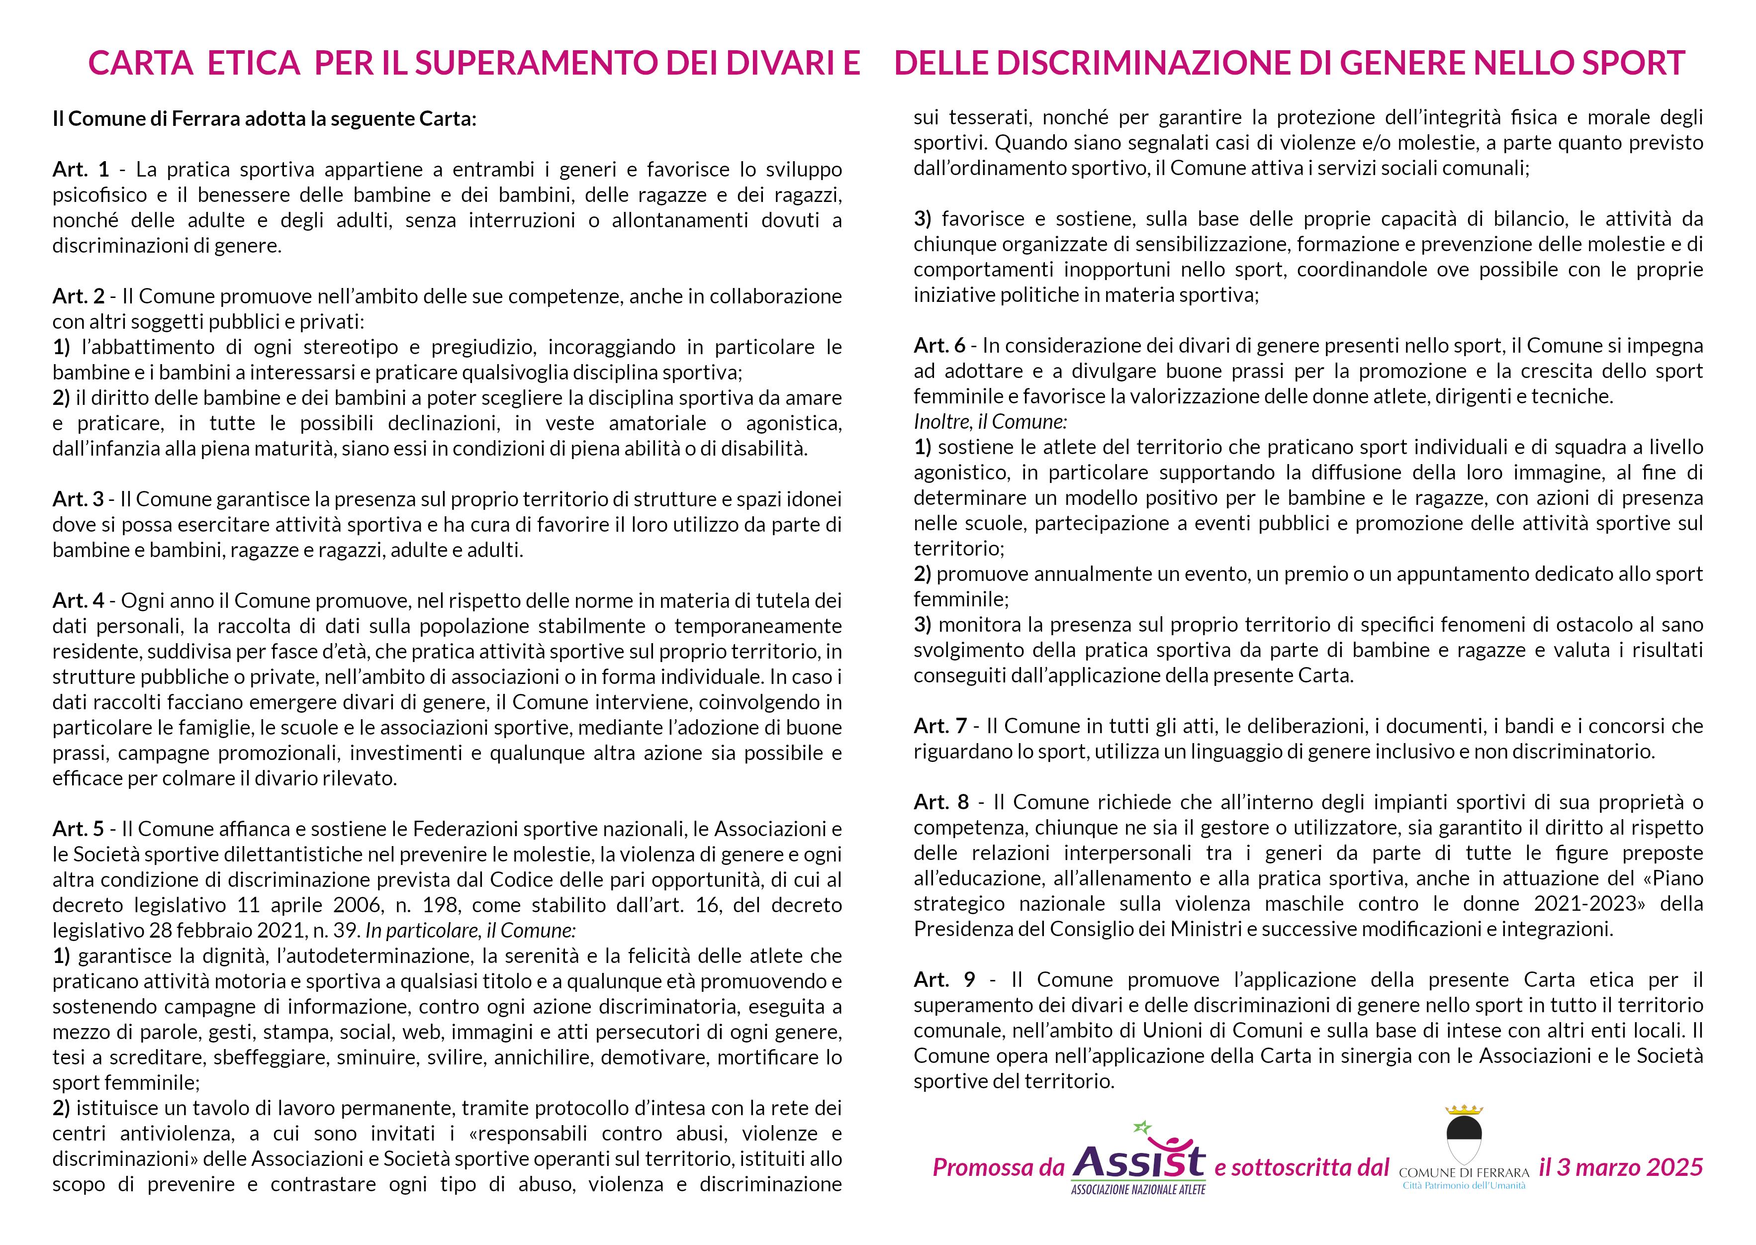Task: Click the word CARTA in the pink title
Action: [140, 63]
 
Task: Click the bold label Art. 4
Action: [78, 600]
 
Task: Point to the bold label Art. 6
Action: [939, 346]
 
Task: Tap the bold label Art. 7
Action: [940, 726]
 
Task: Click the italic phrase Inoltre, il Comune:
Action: [990, 422]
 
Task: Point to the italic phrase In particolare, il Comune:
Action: [470, 930]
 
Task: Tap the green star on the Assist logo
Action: [1142, 1127]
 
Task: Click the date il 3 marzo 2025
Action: [1620, 1167]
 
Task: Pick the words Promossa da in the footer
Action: [998, 1167]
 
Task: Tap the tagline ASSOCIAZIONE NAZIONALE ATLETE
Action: [1138, 1190]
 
